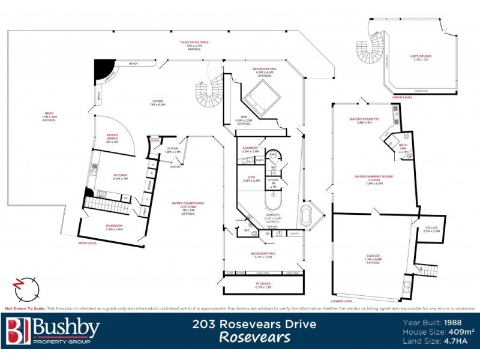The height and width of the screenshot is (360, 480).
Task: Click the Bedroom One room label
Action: [265, 70]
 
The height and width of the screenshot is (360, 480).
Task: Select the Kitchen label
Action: [121, 176]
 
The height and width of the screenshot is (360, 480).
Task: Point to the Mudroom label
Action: [114, 226]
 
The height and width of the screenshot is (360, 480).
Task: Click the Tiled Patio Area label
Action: [197, 43]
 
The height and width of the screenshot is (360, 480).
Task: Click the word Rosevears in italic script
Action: [254, 337]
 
